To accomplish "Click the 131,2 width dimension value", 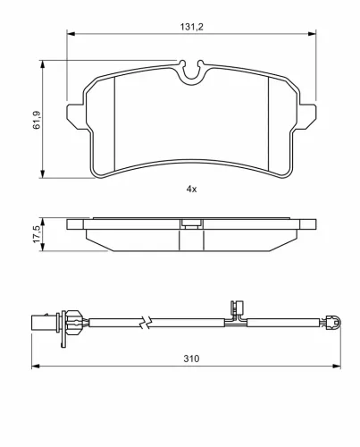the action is coord(191,27).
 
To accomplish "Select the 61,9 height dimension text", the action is coord(37,120).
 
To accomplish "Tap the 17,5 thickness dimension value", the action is coord(37,234).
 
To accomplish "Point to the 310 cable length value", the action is coord(191,358).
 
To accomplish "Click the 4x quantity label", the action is coord(191,189).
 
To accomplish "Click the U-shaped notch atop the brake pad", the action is coord(192,72).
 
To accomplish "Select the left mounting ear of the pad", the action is coord(77,116).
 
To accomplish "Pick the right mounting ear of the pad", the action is coord(306,116).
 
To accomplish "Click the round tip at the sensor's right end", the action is coord(334,323).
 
